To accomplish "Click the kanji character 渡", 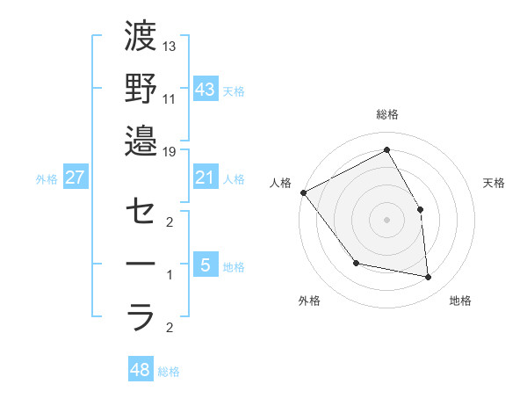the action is [x=141, y=38].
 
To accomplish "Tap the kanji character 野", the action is [x=141, y=89].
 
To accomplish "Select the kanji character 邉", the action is [x=141, y=140].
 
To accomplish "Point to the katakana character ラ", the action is [x=141, y=315].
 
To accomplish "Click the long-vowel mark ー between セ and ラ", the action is [x=141, y=264].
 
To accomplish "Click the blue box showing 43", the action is [x=206, y=89].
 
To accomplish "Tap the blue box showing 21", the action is [x=206, y=178].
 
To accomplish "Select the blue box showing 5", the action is [x=206, y=264].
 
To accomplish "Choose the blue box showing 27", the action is [x=76, y=178].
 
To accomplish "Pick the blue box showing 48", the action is [x=141, y=370].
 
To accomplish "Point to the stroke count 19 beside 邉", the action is [x=170, y=151].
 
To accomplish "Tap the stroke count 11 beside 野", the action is [x=170, y=98].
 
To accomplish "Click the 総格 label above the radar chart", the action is [x=387, y=114].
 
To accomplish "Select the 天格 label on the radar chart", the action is [x=495, y=183].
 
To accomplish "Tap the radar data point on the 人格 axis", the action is [x=303, y=192].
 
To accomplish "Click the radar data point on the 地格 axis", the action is [x=429, y=278].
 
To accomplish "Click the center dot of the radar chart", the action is [x=387, y=220].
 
